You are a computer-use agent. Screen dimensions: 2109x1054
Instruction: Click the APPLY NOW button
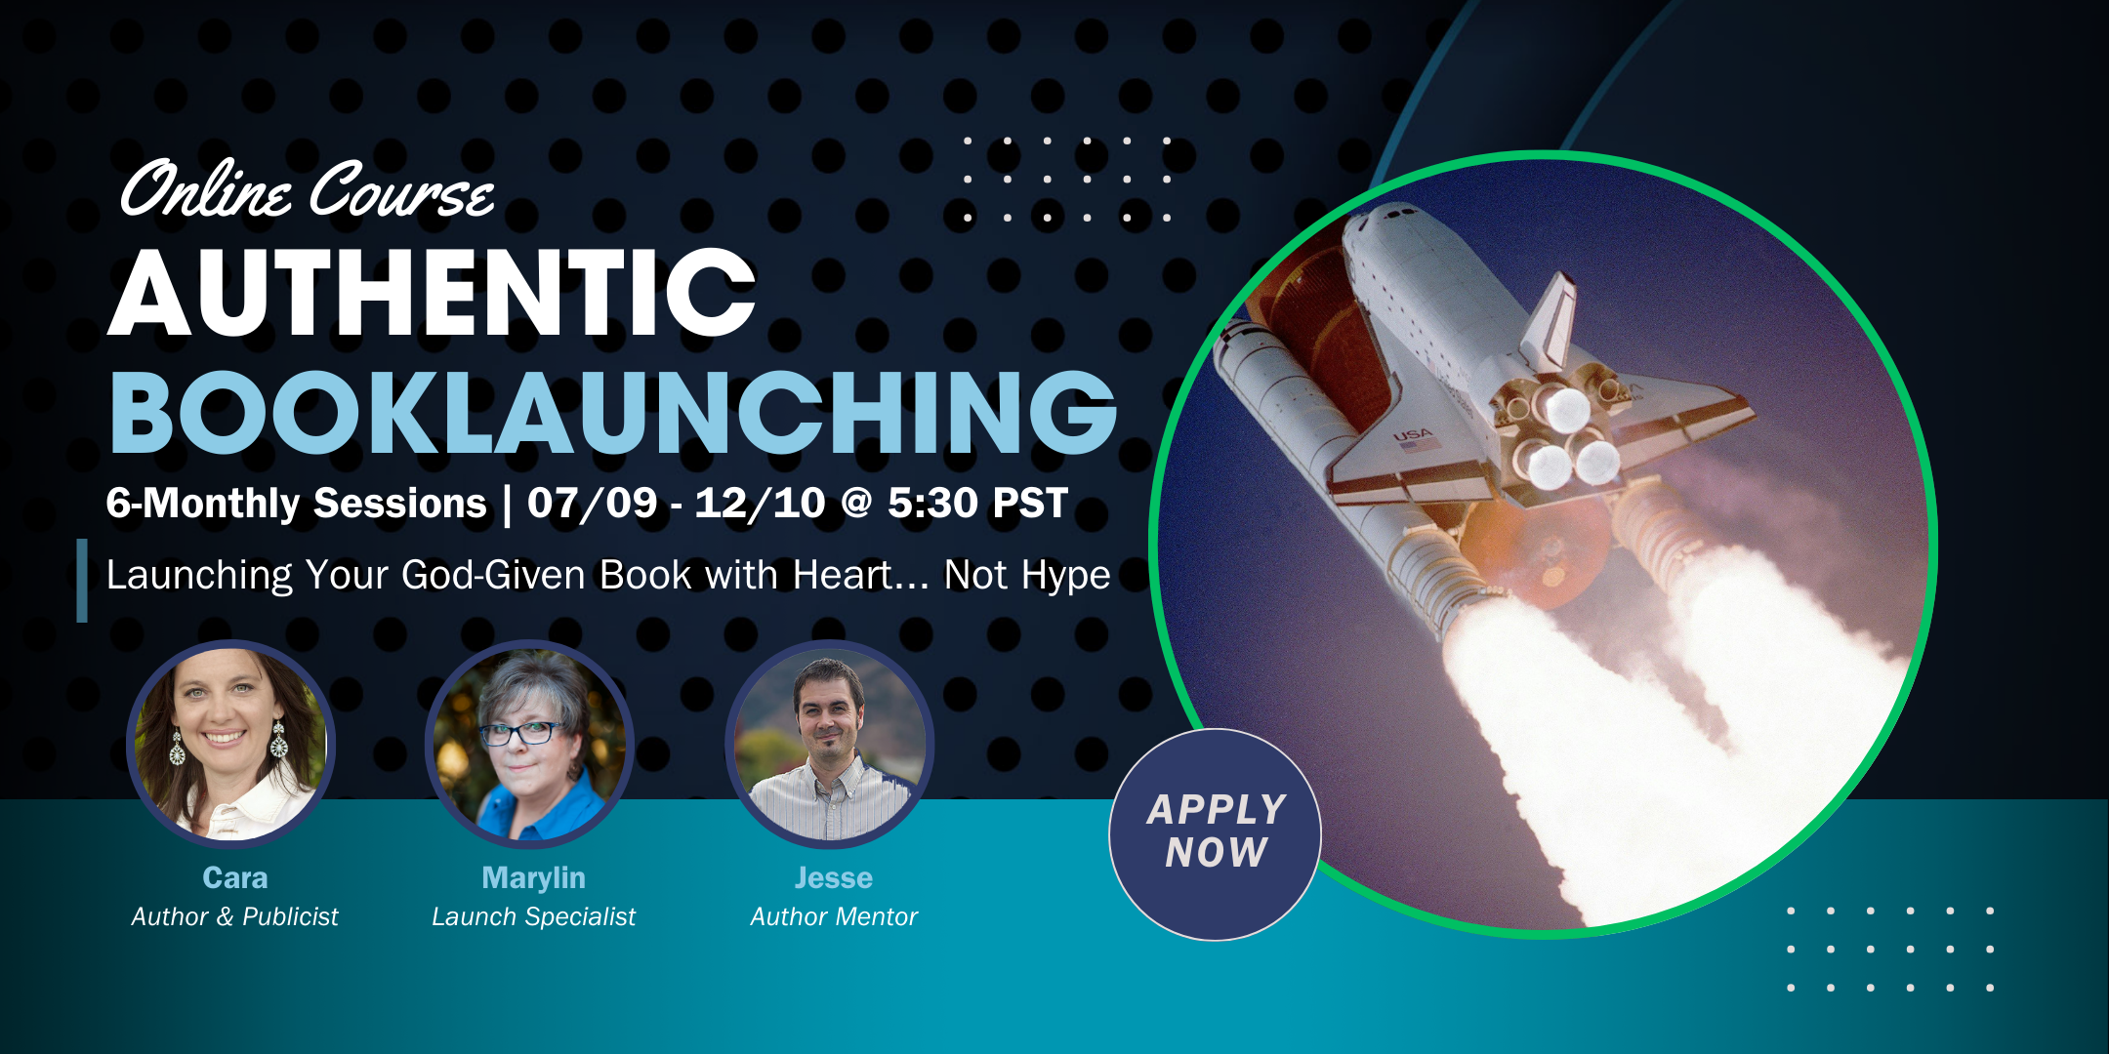(1215, 834)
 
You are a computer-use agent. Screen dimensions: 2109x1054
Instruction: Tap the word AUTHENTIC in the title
(432, 292)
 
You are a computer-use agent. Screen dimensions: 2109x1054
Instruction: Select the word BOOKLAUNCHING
(613, 413)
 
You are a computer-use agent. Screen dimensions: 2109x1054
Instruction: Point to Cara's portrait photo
(231, 744)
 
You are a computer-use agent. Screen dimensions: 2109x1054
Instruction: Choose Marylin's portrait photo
(530, 744)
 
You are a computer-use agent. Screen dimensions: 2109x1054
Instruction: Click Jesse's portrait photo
(830, 744)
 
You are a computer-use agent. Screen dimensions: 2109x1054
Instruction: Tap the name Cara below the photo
(234, 877)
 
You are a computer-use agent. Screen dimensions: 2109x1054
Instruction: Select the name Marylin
(533, 878)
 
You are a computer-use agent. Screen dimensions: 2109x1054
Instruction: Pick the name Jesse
(834, 877)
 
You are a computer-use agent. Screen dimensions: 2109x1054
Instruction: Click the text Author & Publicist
(234, 916)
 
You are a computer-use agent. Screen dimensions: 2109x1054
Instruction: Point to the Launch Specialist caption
(533, 916)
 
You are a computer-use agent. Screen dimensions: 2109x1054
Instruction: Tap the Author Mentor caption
(834, 916)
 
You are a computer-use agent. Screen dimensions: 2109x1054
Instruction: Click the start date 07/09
(593, 504)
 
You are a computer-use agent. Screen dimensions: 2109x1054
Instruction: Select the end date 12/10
(761, 504)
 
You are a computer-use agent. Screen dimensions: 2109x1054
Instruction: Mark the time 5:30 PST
(977, 504)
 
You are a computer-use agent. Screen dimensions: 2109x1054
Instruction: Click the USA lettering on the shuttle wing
(1413, 434)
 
